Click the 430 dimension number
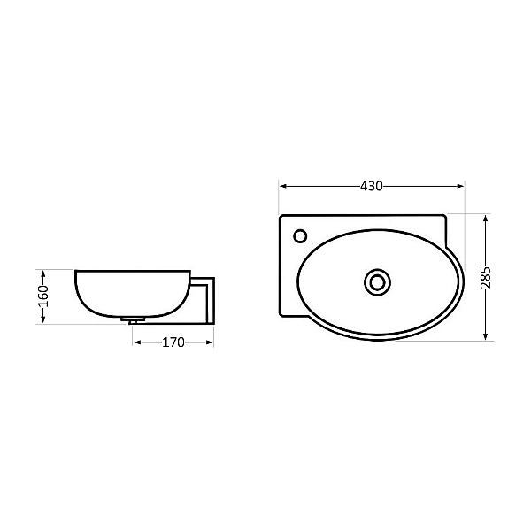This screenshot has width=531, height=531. point(372,186)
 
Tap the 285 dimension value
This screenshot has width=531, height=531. point(486,277)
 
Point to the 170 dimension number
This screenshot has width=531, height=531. point(173,342)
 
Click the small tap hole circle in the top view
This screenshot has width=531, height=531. point(300,235)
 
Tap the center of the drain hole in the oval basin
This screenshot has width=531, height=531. point(378,281)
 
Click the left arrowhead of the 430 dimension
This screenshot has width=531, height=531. point(283,186)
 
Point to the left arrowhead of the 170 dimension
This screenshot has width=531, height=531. point(136,342)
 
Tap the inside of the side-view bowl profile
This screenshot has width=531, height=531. point(133,292)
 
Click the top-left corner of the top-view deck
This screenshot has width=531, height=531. point(281,216)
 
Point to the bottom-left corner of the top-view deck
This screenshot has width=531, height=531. point(281,316)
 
